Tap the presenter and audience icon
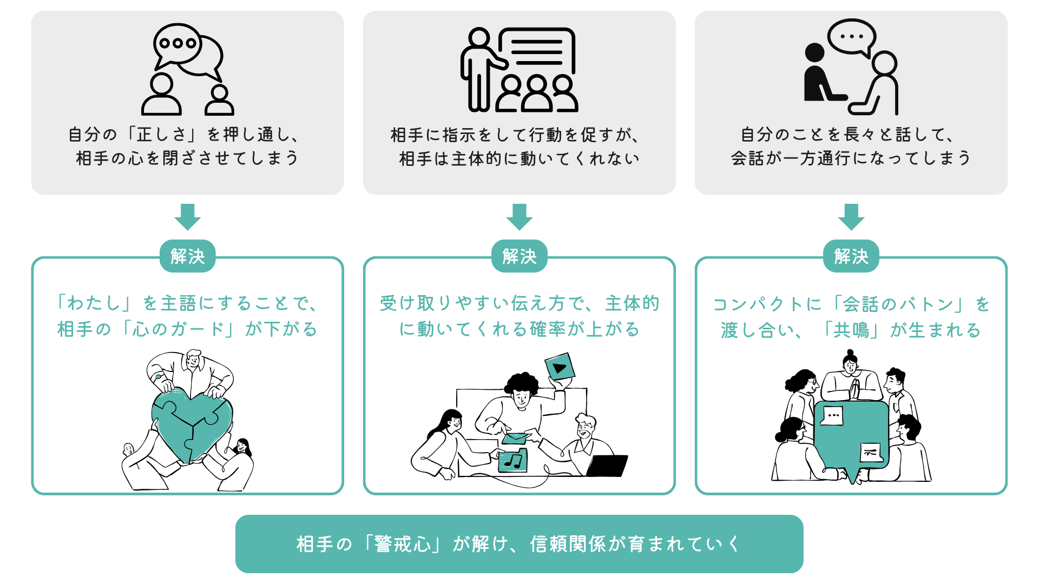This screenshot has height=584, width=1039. click(x=519, y=69)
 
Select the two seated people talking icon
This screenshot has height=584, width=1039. click(x=851, y=68)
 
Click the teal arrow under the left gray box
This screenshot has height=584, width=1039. click(x=187, y=216)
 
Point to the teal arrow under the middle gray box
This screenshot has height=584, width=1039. click(x=519, y=216)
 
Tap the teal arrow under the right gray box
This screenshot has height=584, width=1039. click(x=851, y=216)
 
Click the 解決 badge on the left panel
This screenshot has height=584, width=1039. click(x=187, y=256)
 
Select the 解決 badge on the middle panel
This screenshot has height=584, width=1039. click(x=519, y=256)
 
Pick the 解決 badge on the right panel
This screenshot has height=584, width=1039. click(x=851, y=256)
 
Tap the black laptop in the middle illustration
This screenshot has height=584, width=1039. click(x=607, y=466)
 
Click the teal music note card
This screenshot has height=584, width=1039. click(x=512, y=461)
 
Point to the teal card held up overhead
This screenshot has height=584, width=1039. click(x=560, y=366)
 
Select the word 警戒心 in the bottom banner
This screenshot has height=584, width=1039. click(x=402, y=544)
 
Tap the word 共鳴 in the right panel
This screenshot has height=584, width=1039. click(x=851, y=330)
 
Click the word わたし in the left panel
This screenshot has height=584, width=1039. click(x=93, y=303)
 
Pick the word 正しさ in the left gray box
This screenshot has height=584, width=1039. click(x=161, y=134)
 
